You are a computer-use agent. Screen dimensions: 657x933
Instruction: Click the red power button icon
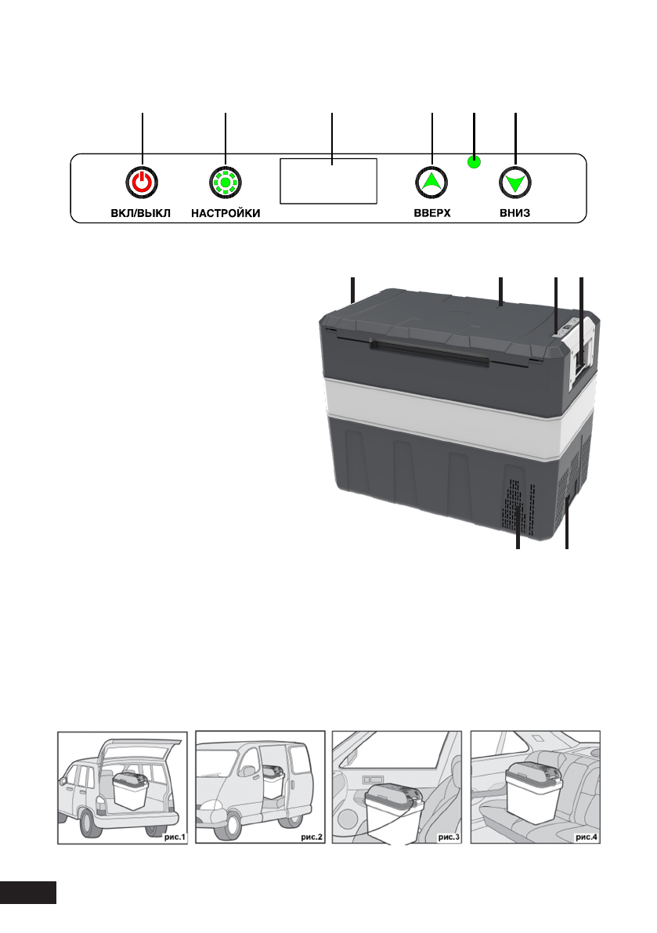(x=142, y=183)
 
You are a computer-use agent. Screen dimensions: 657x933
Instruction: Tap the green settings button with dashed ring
(x=226, y=183)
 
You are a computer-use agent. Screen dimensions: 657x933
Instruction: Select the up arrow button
(x=431, y=183)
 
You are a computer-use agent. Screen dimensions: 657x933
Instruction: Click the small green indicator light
(x=474, y=163)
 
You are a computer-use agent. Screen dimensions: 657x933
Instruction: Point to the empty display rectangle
(x=329, y=181)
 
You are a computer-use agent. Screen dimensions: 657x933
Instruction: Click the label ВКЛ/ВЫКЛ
(x=141, y=213)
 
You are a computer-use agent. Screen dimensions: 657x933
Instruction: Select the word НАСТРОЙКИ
(x=226, y=213)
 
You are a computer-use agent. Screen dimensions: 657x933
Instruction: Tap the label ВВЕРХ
(x=432, y=213)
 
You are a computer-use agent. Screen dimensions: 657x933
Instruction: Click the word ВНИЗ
(x=515, y=213)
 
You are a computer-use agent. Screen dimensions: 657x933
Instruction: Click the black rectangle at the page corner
(x=28, y=891)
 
